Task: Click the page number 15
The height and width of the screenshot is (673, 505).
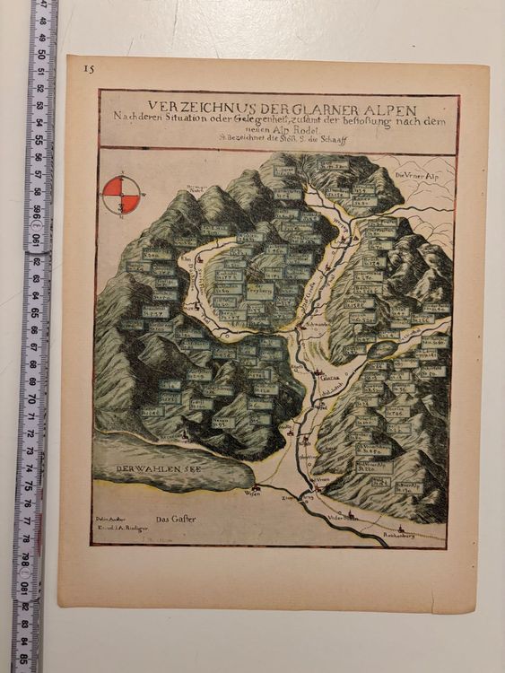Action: pos(88,68)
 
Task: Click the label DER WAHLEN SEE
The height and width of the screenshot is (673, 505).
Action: pos(145,470)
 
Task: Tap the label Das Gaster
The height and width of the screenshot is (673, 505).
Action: pos(169,519)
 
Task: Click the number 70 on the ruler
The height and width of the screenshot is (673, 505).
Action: pos(32,396)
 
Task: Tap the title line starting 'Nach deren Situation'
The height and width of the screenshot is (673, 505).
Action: pos(279,115)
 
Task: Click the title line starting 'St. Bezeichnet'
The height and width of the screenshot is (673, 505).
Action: pos(279,137)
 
